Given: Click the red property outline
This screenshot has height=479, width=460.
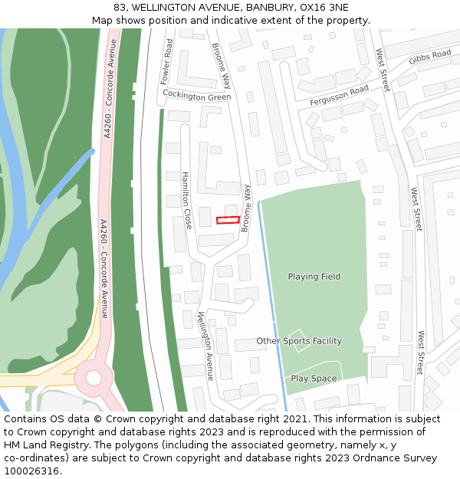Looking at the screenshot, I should click(x=228, y=220).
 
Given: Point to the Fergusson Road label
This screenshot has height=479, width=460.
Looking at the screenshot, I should click(x=339, y=96).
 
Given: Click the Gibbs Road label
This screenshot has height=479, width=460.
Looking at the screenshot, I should click(x=430, y=57).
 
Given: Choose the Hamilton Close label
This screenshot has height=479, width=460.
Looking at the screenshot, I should click(x=186, y=200).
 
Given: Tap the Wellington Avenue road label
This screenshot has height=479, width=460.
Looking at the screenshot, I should click(x=205, y=346).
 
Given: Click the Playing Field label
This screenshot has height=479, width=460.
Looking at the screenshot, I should click(x=314, y=277).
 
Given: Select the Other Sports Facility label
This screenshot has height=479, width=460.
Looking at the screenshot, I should click(x=299, y=341).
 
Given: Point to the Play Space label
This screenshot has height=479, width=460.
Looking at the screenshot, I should click(x=314, y=379).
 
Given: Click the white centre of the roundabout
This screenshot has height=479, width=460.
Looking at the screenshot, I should click(x=94, y=377).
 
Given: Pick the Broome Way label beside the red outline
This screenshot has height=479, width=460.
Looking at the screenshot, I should click(x=246, y=208).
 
